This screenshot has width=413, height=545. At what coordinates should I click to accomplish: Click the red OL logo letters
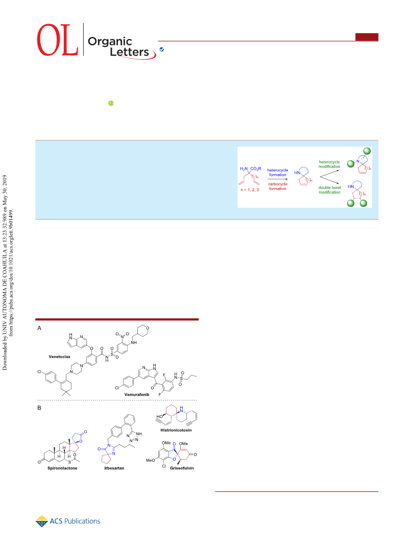58,40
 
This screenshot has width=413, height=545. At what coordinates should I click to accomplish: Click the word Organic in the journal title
110,41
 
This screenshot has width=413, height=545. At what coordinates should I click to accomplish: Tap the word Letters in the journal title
129,52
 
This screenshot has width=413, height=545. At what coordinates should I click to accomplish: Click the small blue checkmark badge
161,50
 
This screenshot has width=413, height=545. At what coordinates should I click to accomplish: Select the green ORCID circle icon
111,103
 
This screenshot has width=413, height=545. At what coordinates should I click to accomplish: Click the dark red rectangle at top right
367,37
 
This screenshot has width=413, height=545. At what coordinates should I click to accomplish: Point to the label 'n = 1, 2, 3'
250,190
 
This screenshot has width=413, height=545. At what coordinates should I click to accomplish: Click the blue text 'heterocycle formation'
278,173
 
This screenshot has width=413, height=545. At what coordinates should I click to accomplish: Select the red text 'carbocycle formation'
278,186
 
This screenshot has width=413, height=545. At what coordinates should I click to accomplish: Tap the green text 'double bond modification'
330,190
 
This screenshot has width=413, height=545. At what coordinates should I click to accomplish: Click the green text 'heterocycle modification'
329,164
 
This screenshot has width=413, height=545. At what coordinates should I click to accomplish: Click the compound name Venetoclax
59,357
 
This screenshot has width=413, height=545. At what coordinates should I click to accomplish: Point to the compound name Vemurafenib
137,394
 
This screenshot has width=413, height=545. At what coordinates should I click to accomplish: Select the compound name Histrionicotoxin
176,430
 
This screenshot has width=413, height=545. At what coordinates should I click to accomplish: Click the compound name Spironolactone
62,468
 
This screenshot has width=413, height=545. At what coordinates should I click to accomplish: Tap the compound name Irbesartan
114,468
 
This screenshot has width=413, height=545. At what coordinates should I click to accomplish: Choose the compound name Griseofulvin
182,468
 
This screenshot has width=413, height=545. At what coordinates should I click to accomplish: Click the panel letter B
39,408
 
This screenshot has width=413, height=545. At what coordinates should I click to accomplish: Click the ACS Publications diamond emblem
42,521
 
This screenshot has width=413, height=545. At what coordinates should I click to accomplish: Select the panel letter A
39,328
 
